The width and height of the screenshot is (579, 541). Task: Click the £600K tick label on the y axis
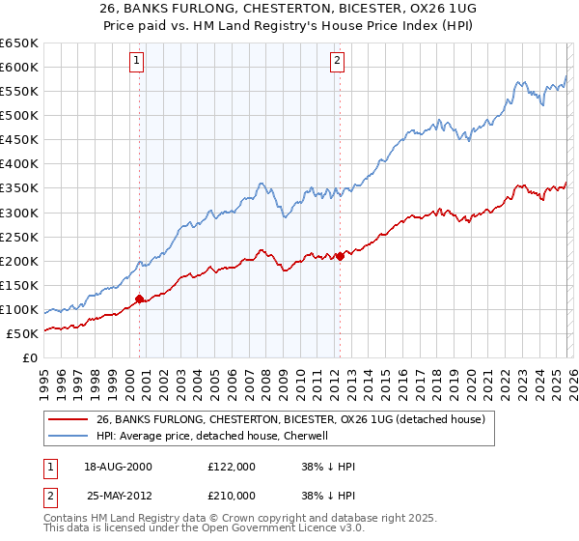(x=19, y=67)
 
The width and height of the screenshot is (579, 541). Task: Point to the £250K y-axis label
(x=19, y=237)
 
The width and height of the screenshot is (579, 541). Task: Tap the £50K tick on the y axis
(x=23, y=333)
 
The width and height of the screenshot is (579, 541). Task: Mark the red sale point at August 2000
(x=139, y=299)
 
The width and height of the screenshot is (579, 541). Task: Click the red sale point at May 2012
(x=340, y=256)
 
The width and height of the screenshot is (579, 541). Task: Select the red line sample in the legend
(x=69, y=420)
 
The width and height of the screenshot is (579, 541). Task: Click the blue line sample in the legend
(x=69, y=436)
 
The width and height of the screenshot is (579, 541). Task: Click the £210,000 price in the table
(x=231, y=496)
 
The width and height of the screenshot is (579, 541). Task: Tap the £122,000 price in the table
(x=231, y=466)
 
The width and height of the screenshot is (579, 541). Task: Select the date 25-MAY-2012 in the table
(x=119, y=496)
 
